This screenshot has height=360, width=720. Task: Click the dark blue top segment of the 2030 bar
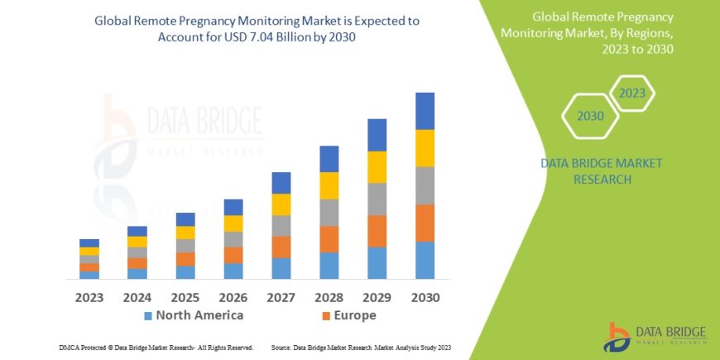(425, 111)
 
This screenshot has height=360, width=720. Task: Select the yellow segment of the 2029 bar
(377, 167)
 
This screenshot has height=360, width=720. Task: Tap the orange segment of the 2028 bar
(329, 239)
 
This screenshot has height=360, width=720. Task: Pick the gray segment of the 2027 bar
(281, 226)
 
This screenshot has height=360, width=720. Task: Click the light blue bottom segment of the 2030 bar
(425, 260)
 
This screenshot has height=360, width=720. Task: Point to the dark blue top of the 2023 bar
(89, 242)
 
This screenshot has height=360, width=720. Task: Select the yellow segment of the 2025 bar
(185, 233)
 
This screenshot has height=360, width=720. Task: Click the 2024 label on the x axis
(137, 296)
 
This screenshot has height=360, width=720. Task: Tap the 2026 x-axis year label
(233, 296)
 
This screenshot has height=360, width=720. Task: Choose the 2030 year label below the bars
(425, 296)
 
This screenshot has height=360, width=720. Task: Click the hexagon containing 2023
(631, 94)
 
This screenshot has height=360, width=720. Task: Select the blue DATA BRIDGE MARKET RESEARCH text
(601, 171)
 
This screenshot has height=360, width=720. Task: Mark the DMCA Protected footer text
(156, 348)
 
